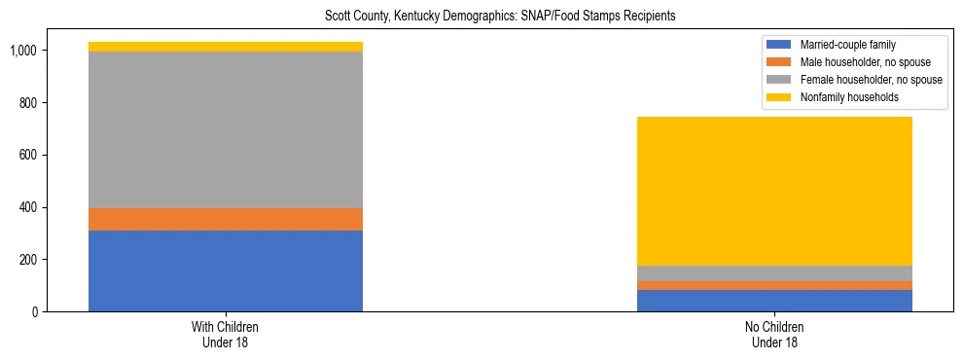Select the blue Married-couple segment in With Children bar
tap(225, 270)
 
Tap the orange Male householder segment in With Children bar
tap(225, 219)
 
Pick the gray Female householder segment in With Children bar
tap(225, 129)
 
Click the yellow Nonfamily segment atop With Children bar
tap(225, 47)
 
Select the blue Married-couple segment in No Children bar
tap(774, 301)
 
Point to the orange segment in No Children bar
tap(774, 285)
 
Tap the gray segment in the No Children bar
tap(774, 273)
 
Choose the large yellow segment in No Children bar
tap(774, 191)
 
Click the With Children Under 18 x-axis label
tap(225, 335)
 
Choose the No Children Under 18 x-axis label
tap(774, 335)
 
